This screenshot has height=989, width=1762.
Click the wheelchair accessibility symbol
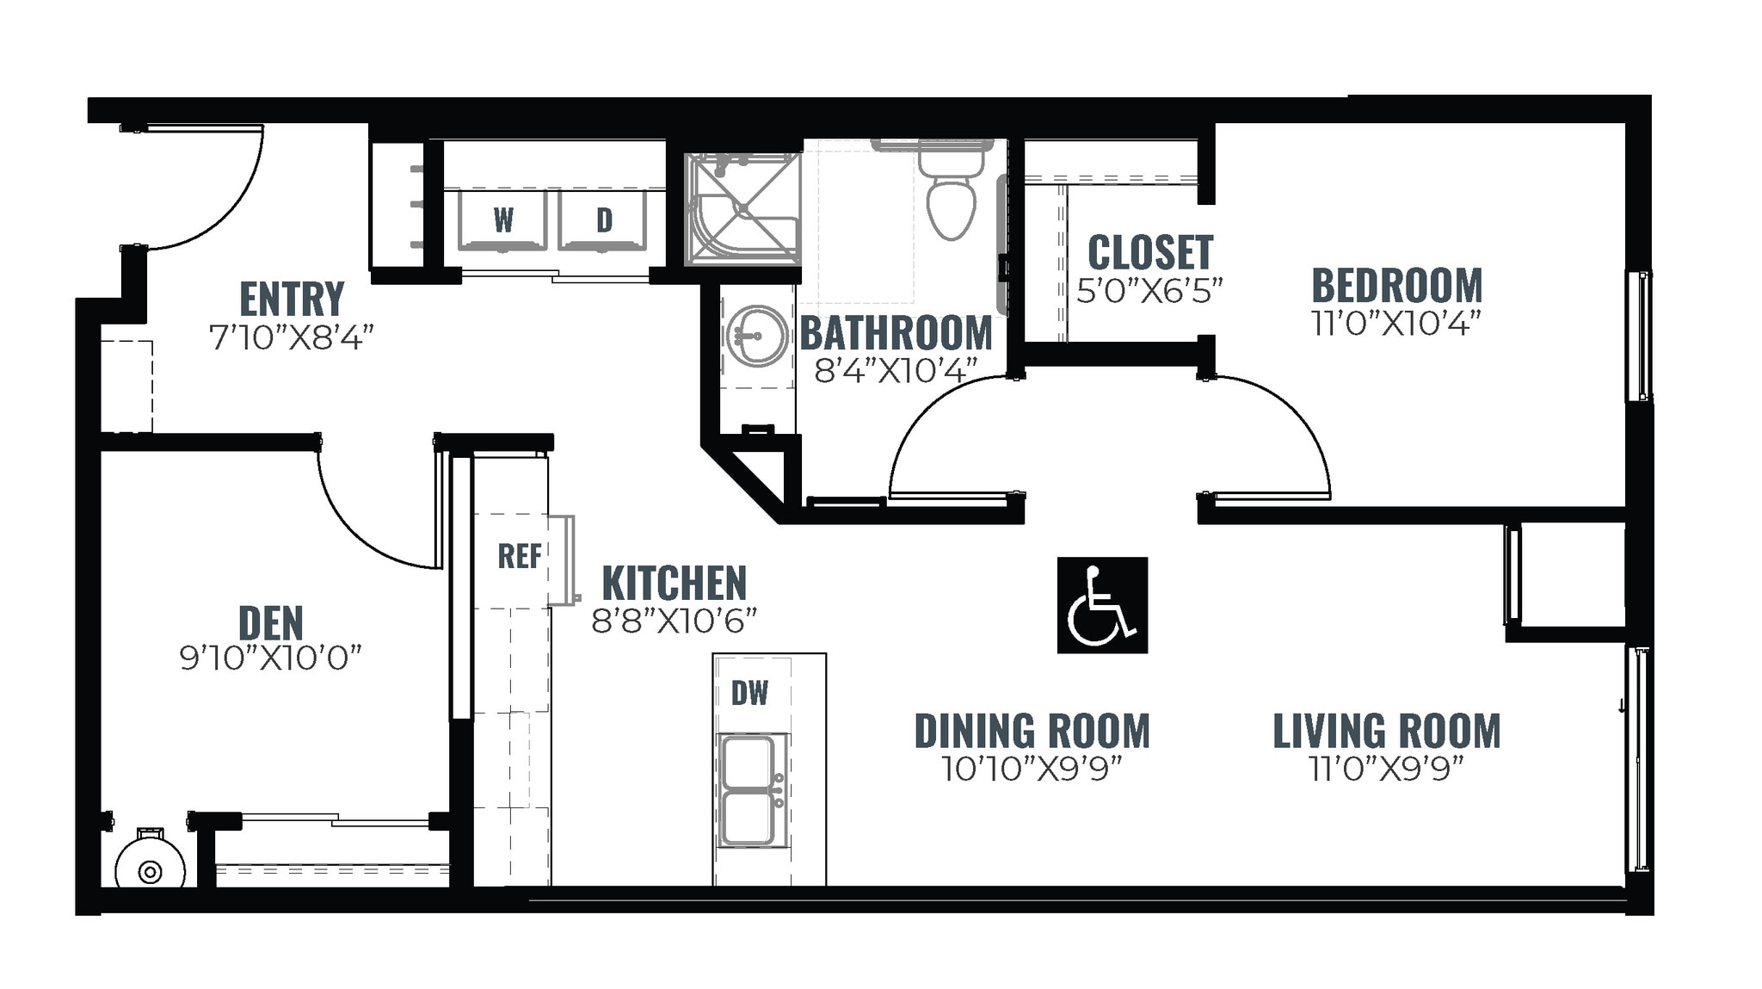(x=1101, y=604)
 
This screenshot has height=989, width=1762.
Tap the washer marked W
(x=502, y=220)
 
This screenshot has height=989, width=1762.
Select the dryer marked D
(x=603, y=220)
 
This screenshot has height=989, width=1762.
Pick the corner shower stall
(x=742, y=208)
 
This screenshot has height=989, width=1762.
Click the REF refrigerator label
(x=520, y=556)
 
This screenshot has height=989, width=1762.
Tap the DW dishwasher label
(x=749, y=693)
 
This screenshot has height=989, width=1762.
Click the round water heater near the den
(x=150, y=871)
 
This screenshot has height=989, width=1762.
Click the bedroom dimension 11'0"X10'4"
(x=1395, y=324)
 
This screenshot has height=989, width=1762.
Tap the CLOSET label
(x=1150, y=252)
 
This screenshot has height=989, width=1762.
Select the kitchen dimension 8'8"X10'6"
(x=674, y=621)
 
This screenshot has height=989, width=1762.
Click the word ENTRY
(x=292, y=300)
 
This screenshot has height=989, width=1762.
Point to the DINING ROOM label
(x=1032, y=731)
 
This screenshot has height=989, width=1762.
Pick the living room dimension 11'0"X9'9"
(x=1386, y=768)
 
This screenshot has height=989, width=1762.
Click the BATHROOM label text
(x=896, y=333)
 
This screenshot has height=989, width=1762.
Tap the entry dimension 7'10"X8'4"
(x=292, y=337)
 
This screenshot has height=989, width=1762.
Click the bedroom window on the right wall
(x=1639, y=336)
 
